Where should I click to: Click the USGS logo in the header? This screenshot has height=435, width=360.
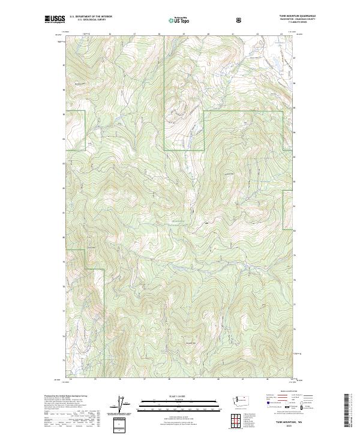pos(53,19)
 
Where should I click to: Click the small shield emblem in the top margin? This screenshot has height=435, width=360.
pos(239,20)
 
